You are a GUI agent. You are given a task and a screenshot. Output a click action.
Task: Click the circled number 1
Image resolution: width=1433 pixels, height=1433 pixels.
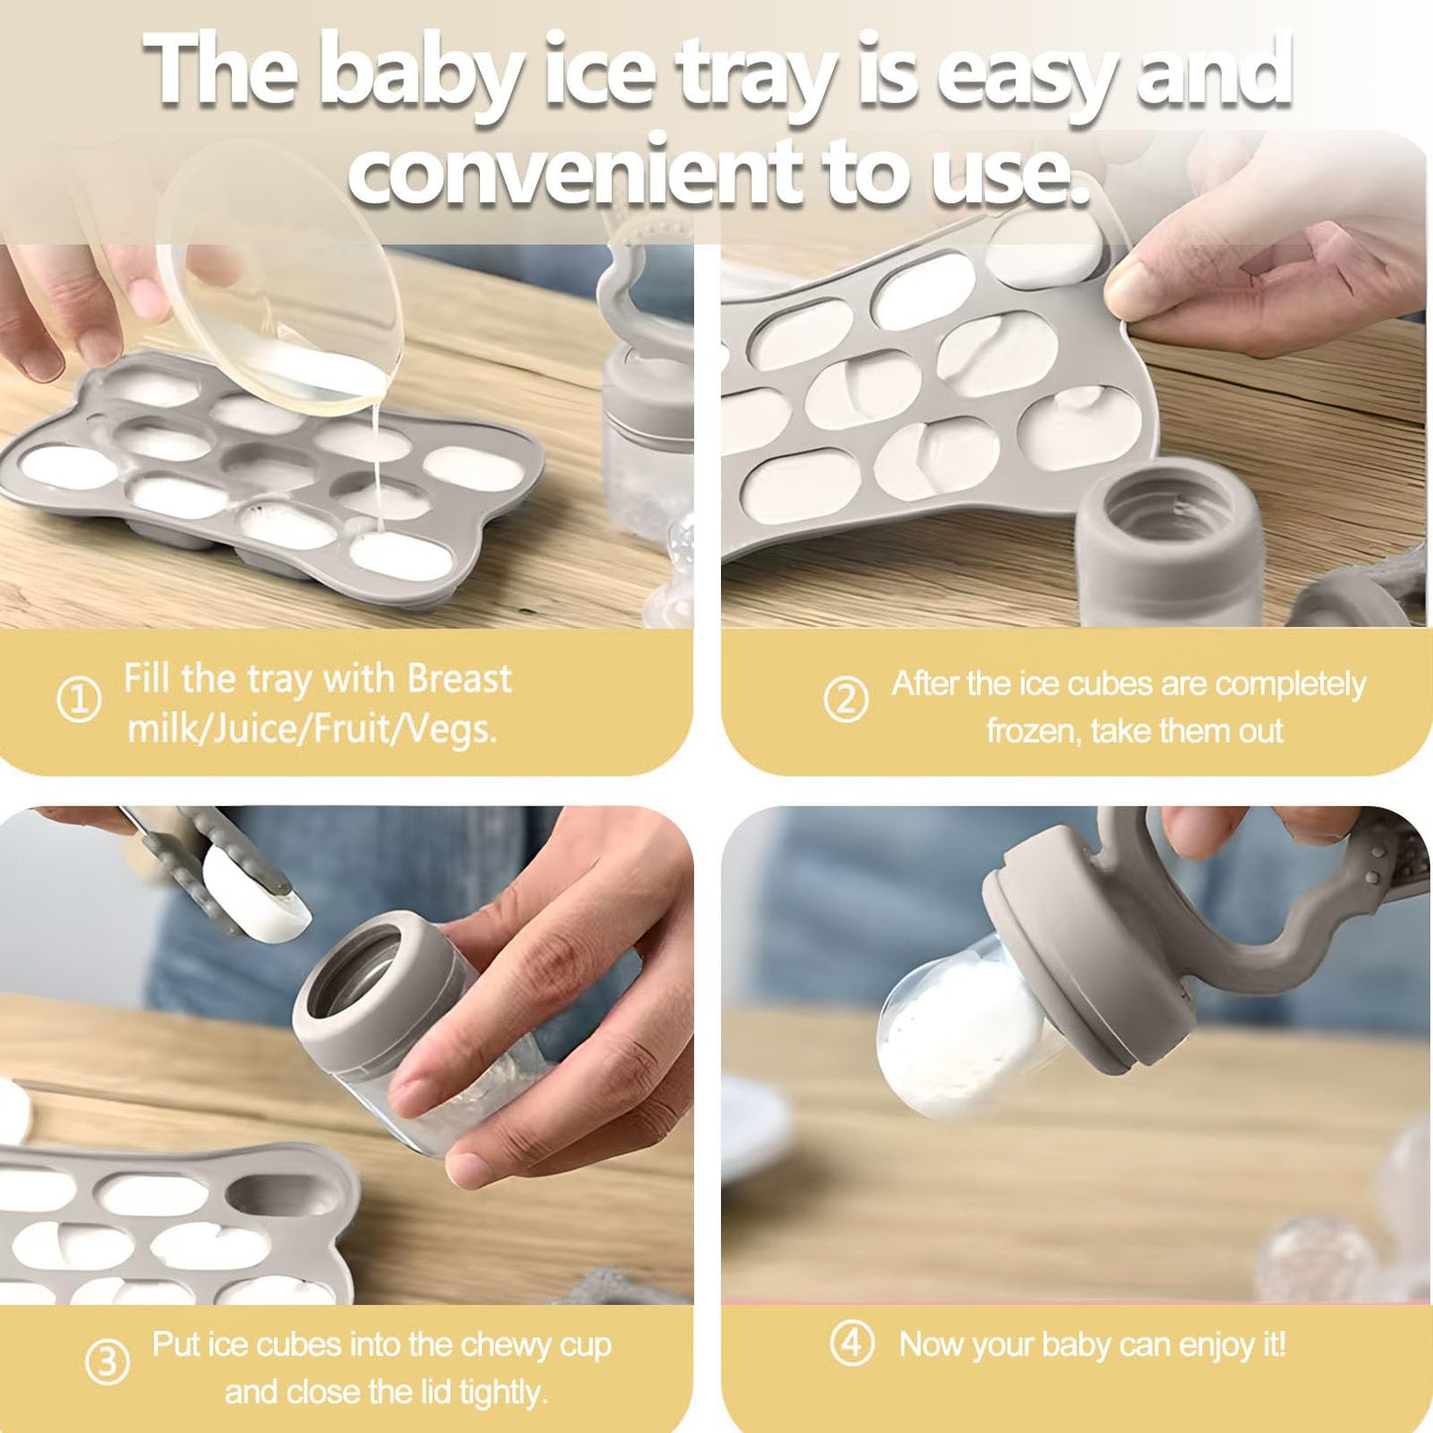[78, 700]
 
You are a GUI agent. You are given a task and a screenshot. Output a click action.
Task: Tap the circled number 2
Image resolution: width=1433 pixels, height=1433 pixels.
[846, 700]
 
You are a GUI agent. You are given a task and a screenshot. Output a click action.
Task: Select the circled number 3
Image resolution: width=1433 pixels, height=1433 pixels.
[107, 1363]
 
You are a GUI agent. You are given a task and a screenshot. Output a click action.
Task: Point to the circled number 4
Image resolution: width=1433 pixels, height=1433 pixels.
[852, 1344]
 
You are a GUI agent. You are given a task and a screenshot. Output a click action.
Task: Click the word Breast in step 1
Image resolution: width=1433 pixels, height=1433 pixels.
[459, 679]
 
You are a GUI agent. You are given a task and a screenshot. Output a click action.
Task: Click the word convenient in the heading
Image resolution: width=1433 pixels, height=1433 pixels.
[575, 172]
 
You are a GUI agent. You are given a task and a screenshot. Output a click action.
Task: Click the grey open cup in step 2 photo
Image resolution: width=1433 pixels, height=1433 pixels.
[1170, 540]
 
